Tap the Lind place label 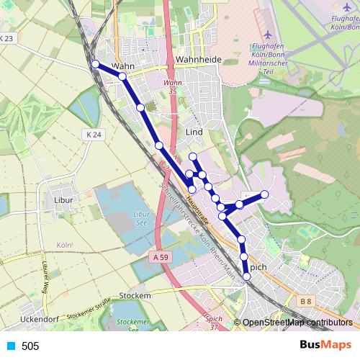click(194, 132)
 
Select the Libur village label click(64, 199)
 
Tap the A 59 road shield click(161, 256)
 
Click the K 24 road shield click(94, 135)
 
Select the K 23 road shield click(6, 38)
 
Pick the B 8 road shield click(306, 300)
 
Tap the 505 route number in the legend click(30, 346)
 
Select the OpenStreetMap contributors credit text click(297, 323)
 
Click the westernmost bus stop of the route click(95, 64)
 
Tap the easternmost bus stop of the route click(265, 194)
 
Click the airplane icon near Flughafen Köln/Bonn click(269, 34)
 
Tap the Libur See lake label click(141, 219)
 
